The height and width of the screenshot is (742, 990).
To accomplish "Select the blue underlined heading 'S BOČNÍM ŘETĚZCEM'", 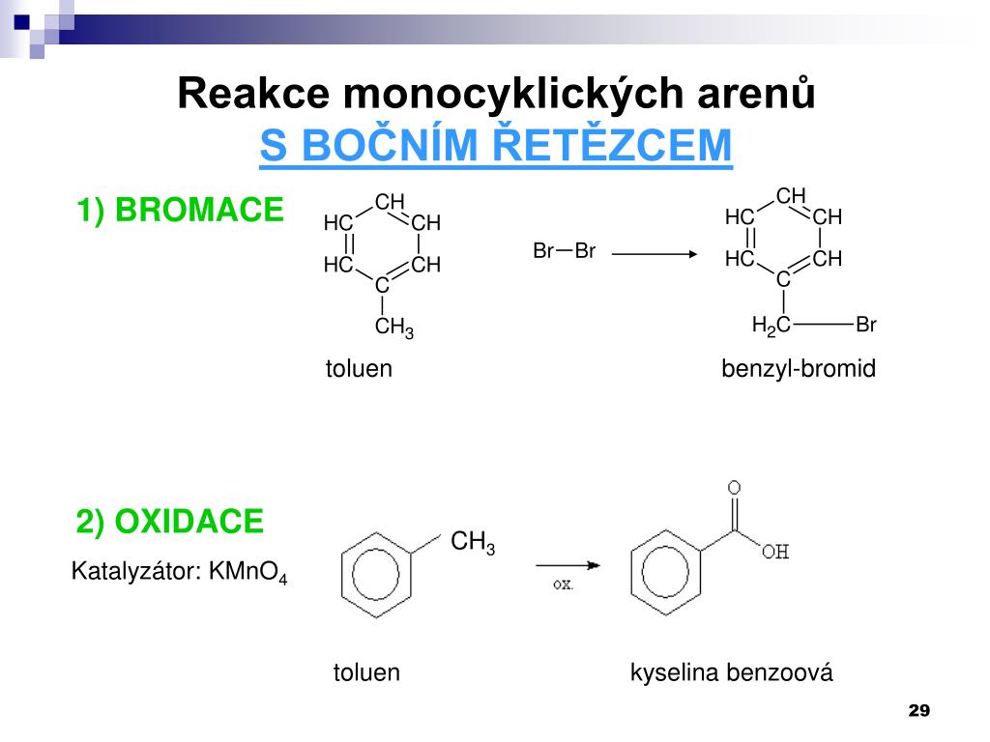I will pos(496,145).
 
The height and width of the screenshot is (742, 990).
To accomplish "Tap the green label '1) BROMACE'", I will pos(181,210).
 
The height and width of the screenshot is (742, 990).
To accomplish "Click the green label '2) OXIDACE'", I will pos(170,522).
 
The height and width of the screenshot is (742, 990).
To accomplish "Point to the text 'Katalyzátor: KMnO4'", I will pos(180,573).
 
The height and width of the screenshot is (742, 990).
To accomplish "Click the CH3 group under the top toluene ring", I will pos(393,328).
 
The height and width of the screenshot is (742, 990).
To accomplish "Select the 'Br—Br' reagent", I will pos(564,252).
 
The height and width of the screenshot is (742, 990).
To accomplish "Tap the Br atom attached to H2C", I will pos(865,326).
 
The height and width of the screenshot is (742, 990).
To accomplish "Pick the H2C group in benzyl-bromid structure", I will pos(772,327).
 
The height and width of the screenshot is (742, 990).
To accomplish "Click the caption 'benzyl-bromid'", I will pos(799,369).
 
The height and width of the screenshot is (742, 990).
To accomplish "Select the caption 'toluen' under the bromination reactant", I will pos(359,369).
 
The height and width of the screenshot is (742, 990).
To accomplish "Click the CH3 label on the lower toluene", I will pos(473,543).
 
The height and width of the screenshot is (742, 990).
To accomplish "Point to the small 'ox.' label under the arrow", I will pos(564,584).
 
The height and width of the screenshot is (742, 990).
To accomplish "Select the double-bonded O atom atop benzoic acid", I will pos(735,488).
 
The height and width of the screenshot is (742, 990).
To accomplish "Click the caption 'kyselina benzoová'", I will pos(731,672).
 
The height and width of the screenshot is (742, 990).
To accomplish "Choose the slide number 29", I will pos(918,711).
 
